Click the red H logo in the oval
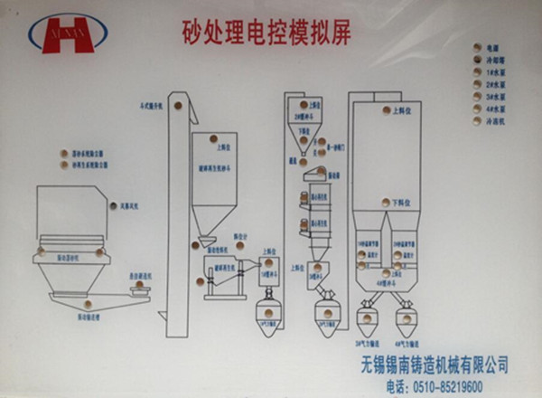tap(67, 34)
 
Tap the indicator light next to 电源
tap(476, 46)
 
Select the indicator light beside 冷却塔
tap(476, 59)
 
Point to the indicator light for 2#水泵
tap(476, 84)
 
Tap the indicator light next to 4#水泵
tap(476, 109)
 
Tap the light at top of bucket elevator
tap(178, 105)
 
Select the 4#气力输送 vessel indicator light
tap(406, 317)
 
